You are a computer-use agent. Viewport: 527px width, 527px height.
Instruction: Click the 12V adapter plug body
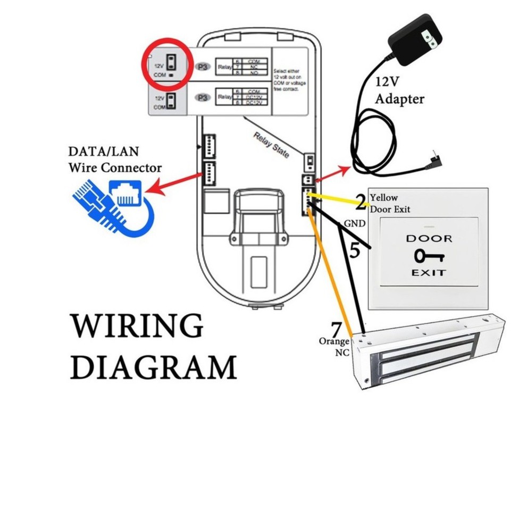coord(415,41)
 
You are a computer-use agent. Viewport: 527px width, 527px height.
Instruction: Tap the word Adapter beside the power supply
coord(399,99)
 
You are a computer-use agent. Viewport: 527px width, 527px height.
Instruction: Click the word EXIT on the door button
coord(428,273)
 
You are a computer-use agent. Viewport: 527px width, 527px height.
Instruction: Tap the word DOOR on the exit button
coord(429,238)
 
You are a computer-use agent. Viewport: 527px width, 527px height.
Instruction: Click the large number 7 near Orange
coord(336,329)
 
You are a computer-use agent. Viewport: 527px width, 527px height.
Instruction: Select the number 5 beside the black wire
coord(355,249)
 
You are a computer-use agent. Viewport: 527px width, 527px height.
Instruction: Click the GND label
coord(355,224)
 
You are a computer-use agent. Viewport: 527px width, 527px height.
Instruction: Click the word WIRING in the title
coord(137,325)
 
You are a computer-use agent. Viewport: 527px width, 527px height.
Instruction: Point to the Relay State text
coord(271,145)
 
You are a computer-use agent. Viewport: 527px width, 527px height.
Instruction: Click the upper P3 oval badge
coord(202,68)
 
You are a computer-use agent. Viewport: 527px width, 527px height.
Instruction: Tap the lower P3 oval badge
coord(202,98)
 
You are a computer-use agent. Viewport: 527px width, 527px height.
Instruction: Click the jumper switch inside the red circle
coord(171,63)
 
